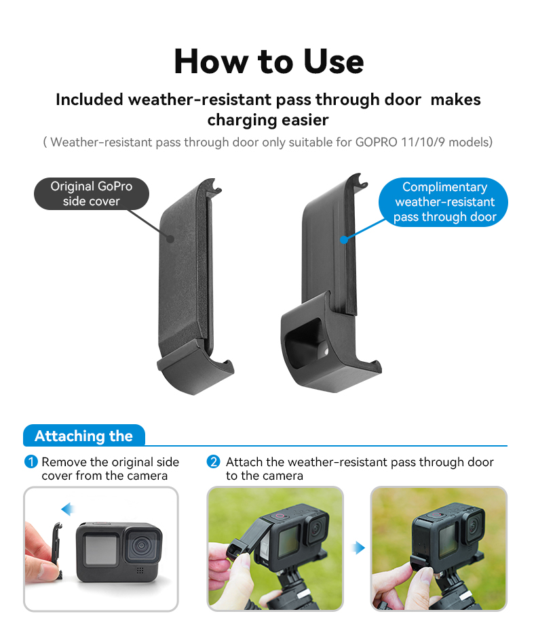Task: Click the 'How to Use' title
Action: coord(269,62)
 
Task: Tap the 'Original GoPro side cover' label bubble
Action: coord(92,194)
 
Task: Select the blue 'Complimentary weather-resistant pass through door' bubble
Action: coord(444,202)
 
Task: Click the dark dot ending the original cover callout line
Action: coord(170,239)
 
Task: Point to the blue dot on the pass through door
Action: coord(344,239)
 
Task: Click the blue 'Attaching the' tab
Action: coord(84,436)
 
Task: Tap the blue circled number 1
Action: coord(31,461)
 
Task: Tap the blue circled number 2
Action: coord(214,461)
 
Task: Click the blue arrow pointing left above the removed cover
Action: coord(68,509)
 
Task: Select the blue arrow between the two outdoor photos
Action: coord(358,548)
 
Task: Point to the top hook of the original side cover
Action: coord(214,185)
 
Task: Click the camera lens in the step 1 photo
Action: coord(140,546)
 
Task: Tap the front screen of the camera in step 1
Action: coord(101,550)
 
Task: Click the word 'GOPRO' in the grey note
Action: coord(376,142)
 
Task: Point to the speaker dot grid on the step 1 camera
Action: coord(140,571)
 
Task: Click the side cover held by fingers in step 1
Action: coord(58,550)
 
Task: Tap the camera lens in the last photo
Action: coord(473,525)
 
